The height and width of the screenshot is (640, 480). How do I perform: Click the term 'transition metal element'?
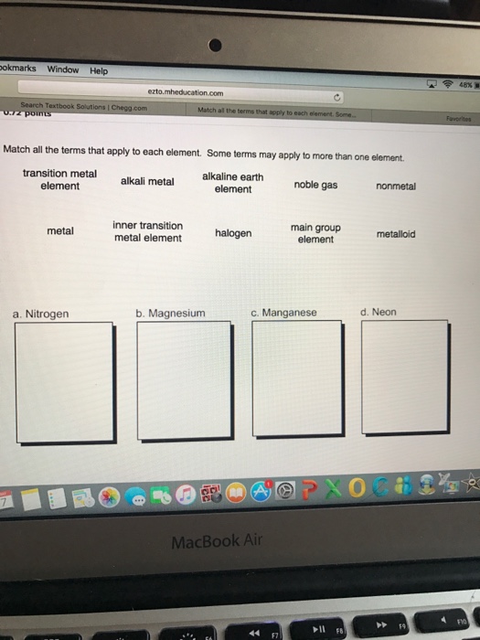[x=59, y=180]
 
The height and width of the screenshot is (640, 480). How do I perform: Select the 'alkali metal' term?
[x=147, y=181]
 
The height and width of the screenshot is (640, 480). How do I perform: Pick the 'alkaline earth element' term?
[x=232, y=182]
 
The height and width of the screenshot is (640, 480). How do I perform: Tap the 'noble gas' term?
[x=315, y=185]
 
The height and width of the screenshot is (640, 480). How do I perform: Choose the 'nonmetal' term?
[x=395, y=186]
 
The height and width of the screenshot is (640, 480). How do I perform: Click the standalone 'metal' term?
[x=60, y=231]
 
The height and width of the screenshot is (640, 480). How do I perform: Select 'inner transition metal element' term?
[x=147, y=231]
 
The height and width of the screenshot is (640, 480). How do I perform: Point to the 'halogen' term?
[x=233, y=233]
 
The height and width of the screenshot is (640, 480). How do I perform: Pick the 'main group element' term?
[x=315, y=233]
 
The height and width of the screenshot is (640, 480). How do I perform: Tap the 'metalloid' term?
[x=395, y=234]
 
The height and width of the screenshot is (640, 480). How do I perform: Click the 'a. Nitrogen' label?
[x=41, y=314]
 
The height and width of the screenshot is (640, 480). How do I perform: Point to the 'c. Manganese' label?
[x=283, y=313]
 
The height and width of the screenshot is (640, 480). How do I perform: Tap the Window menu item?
[x=62, y=69]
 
